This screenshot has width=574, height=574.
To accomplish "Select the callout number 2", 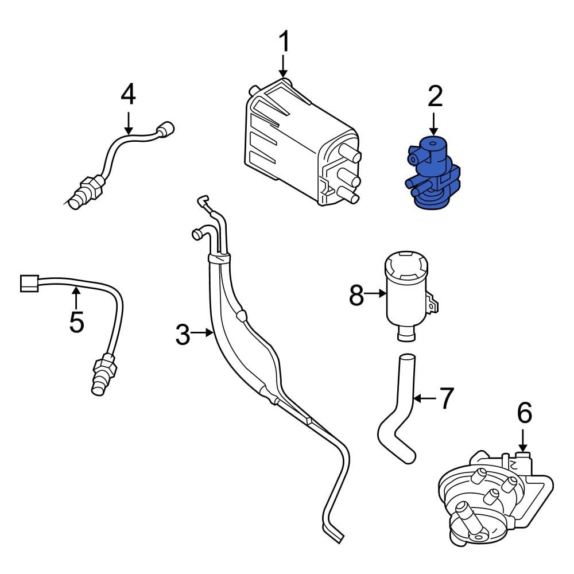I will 435,97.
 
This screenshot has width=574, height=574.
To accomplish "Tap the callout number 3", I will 183,335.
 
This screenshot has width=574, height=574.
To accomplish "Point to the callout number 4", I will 128,95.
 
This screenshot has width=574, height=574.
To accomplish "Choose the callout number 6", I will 524,413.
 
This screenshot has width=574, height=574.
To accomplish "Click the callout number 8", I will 356,296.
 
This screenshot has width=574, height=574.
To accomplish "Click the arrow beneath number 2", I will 434,123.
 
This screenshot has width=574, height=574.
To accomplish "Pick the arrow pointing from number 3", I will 202,332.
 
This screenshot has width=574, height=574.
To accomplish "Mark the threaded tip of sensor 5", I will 99,384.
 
